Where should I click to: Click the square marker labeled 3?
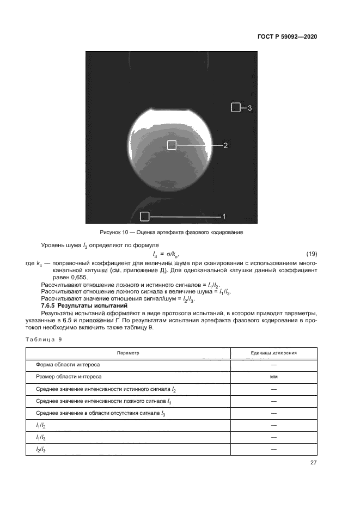235,108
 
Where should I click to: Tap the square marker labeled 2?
172,145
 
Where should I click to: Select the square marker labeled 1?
144,217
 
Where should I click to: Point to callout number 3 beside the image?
249,108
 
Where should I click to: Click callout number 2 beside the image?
225,145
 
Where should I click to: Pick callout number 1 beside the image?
224,217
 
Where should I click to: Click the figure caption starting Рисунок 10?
167,233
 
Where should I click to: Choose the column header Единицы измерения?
273,353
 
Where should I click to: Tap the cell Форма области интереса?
68,364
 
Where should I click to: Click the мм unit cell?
273,377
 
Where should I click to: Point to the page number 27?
313,463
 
